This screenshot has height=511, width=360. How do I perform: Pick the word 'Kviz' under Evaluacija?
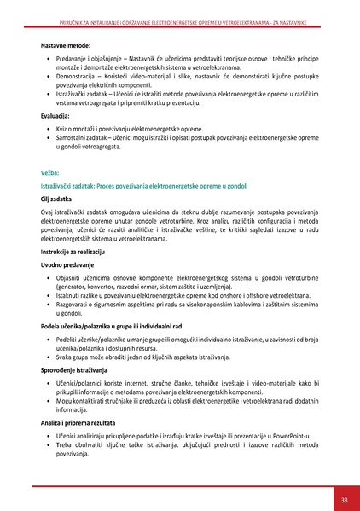pyautogui.click(x=63, y=127)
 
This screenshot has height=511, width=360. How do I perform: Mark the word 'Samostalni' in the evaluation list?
pyautogui.click(x=73, y=136)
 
